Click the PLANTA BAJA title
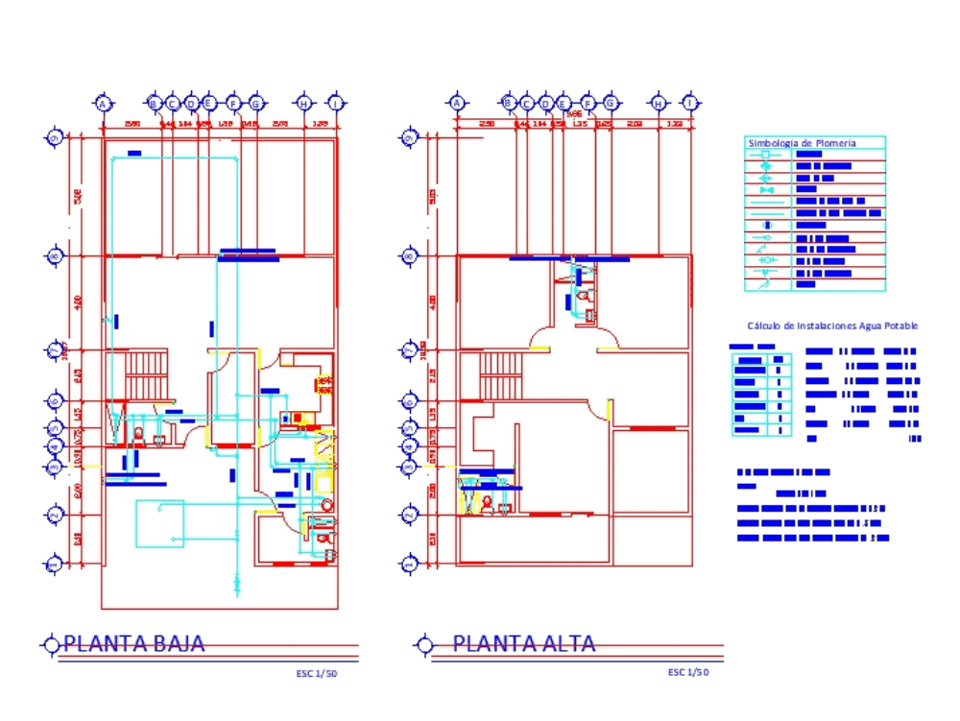(x=133, y=643)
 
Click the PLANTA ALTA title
(x=523, y=643)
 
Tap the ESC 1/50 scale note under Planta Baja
(x=316, y=674)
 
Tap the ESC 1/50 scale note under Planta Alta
(x=687, y=672)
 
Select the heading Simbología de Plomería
(x=802, y=143)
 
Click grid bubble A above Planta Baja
(x=104, y=103)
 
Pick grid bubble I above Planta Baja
(x=336, y=103)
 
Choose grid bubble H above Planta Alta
(x=659, y=103)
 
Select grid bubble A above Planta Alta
(x=457, y=103)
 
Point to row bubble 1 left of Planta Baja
(x=55, y=565)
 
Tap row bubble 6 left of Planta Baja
(x=55, y=401)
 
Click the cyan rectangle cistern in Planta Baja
(x=158, y=523)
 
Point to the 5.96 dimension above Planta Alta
(x=575, y=113)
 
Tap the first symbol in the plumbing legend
(x=766, y=154)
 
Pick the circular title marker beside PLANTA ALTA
(x=421, y=644)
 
